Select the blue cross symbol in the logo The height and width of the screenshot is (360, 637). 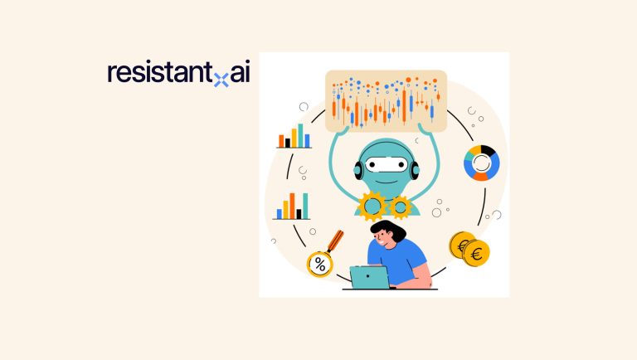pyautogui.click(x=221, y=80)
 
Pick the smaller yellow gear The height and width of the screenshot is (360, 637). pyautogui.click(x=401, y=207)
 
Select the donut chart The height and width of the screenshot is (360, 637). pyautogui.click(x=481, y=163)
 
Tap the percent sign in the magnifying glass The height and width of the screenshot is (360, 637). pyautogui.click(x=319, y=265)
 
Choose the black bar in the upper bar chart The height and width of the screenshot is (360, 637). pyautogui.click(x=288, y=143)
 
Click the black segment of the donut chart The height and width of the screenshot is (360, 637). pyautogui.click(x=489, y=151)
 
